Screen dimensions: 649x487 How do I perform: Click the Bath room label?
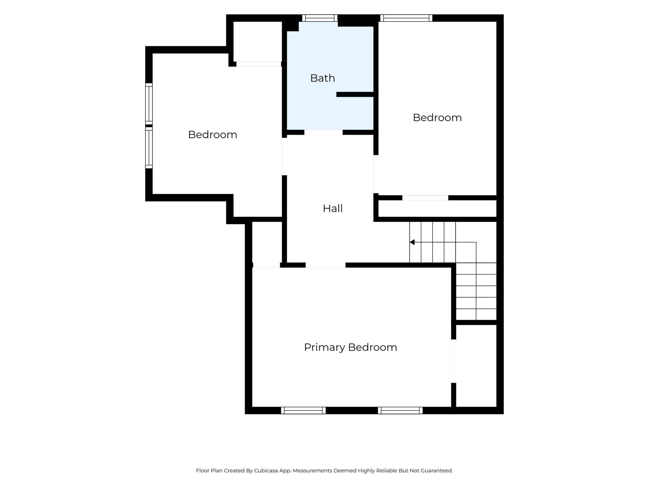(322, 78)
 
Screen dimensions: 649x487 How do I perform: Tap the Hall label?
(333, 208)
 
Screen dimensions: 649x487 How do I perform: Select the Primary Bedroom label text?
(350, 347)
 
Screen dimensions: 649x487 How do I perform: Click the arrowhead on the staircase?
(412, 242)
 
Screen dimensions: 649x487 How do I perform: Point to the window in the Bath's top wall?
(320, 18)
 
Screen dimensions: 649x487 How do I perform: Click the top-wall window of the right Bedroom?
(406, 18)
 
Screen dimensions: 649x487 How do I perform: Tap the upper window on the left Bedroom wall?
(149, 104)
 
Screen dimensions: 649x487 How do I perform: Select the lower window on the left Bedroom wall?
(149, 148)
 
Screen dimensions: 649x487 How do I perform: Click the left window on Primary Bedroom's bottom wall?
(303, 410)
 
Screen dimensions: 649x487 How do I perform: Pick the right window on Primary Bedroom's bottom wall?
(400, 410)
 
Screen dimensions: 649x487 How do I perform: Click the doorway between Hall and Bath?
(323, 132)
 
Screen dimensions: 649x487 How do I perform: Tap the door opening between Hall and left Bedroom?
(284, 156)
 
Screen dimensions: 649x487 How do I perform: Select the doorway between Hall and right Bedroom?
(376, 174)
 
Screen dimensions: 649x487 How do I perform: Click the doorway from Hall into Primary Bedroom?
(326, 265)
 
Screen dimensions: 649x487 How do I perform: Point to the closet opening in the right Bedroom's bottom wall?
(425, 198)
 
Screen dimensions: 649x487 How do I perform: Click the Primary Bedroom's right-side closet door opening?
(454, 361)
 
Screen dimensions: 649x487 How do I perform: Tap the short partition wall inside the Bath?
(355, 95)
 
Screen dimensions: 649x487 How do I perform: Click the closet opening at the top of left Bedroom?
(259, 64)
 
